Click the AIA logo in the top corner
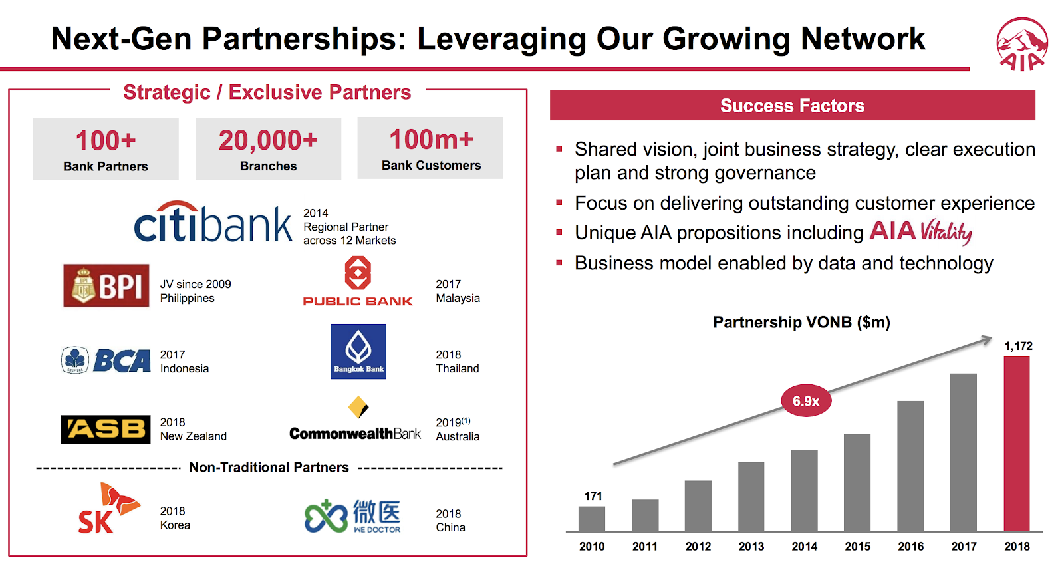[1021, 45]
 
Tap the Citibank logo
[213, 221]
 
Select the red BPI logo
[106, 285]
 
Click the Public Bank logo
[358, 281]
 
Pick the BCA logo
[106, 360]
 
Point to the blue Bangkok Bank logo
[358, 352]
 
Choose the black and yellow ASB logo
[106, 429]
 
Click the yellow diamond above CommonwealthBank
[358, 407]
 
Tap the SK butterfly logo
[109, 508]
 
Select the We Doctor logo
[352, 516]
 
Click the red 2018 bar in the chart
[1017, 444]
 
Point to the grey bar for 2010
[591, 519]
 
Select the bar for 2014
[804, 490]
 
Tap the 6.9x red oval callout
[806, 400]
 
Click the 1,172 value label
[1018, 346]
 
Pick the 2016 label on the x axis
[910, 547]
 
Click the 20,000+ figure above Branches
[268, 140]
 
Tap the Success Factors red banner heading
[792, 105]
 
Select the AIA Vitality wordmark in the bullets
[920, 232]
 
